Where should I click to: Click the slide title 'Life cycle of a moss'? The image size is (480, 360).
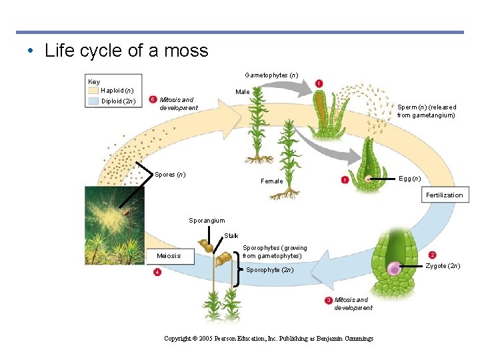tap(126, 51)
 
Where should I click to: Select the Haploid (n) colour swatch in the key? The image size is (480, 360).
tap(93, 90)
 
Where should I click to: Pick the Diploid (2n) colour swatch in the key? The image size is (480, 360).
tap(93, 101)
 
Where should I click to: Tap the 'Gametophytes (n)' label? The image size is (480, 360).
tap(271, 75)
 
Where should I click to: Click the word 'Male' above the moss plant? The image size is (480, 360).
tap(243, 92)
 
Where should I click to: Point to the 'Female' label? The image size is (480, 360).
tap(271, 181)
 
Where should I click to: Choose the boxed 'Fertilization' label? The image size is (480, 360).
tap(444, 195)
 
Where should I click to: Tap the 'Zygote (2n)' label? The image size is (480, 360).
tap(443, 266)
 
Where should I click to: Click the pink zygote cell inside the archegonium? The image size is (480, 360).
tap(395, 269)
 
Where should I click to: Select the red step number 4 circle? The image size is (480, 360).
tap(157, 272)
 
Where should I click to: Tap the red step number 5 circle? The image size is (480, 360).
tap(153, 99)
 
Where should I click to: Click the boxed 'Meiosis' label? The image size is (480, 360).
tap(169, 256)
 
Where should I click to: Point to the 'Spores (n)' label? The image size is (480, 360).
tap(170, 175)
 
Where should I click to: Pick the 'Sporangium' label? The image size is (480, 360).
tap(207, 221)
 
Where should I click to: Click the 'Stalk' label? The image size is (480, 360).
tap(231, 235)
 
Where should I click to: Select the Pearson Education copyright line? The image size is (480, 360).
tap(269, 339)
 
